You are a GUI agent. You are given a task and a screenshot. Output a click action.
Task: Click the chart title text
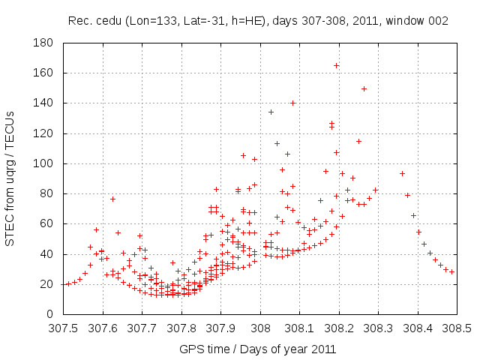[x=258, y=21]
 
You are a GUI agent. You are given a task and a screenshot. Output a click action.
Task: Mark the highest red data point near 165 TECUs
[x=336, y=66]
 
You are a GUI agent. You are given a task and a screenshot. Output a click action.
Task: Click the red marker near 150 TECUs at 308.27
[x=364, y=88]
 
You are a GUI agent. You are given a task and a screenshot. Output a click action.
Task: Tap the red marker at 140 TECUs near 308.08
[x=292, y=103]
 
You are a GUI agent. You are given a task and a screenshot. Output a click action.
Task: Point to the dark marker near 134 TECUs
[x=271, y=112]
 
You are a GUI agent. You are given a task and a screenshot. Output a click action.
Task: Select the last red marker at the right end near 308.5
[x=451, y=271]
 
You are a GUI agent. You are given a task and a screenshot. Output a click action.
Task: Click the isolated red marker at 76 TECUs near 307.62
[x=112, y=199]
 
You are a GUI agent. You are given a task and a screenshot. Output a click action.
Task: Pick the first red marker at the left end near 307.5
[x=67, y=284]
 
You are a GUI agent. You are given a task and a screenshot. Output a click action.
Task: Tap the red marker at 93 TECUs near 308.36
[x=402, y=174]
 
